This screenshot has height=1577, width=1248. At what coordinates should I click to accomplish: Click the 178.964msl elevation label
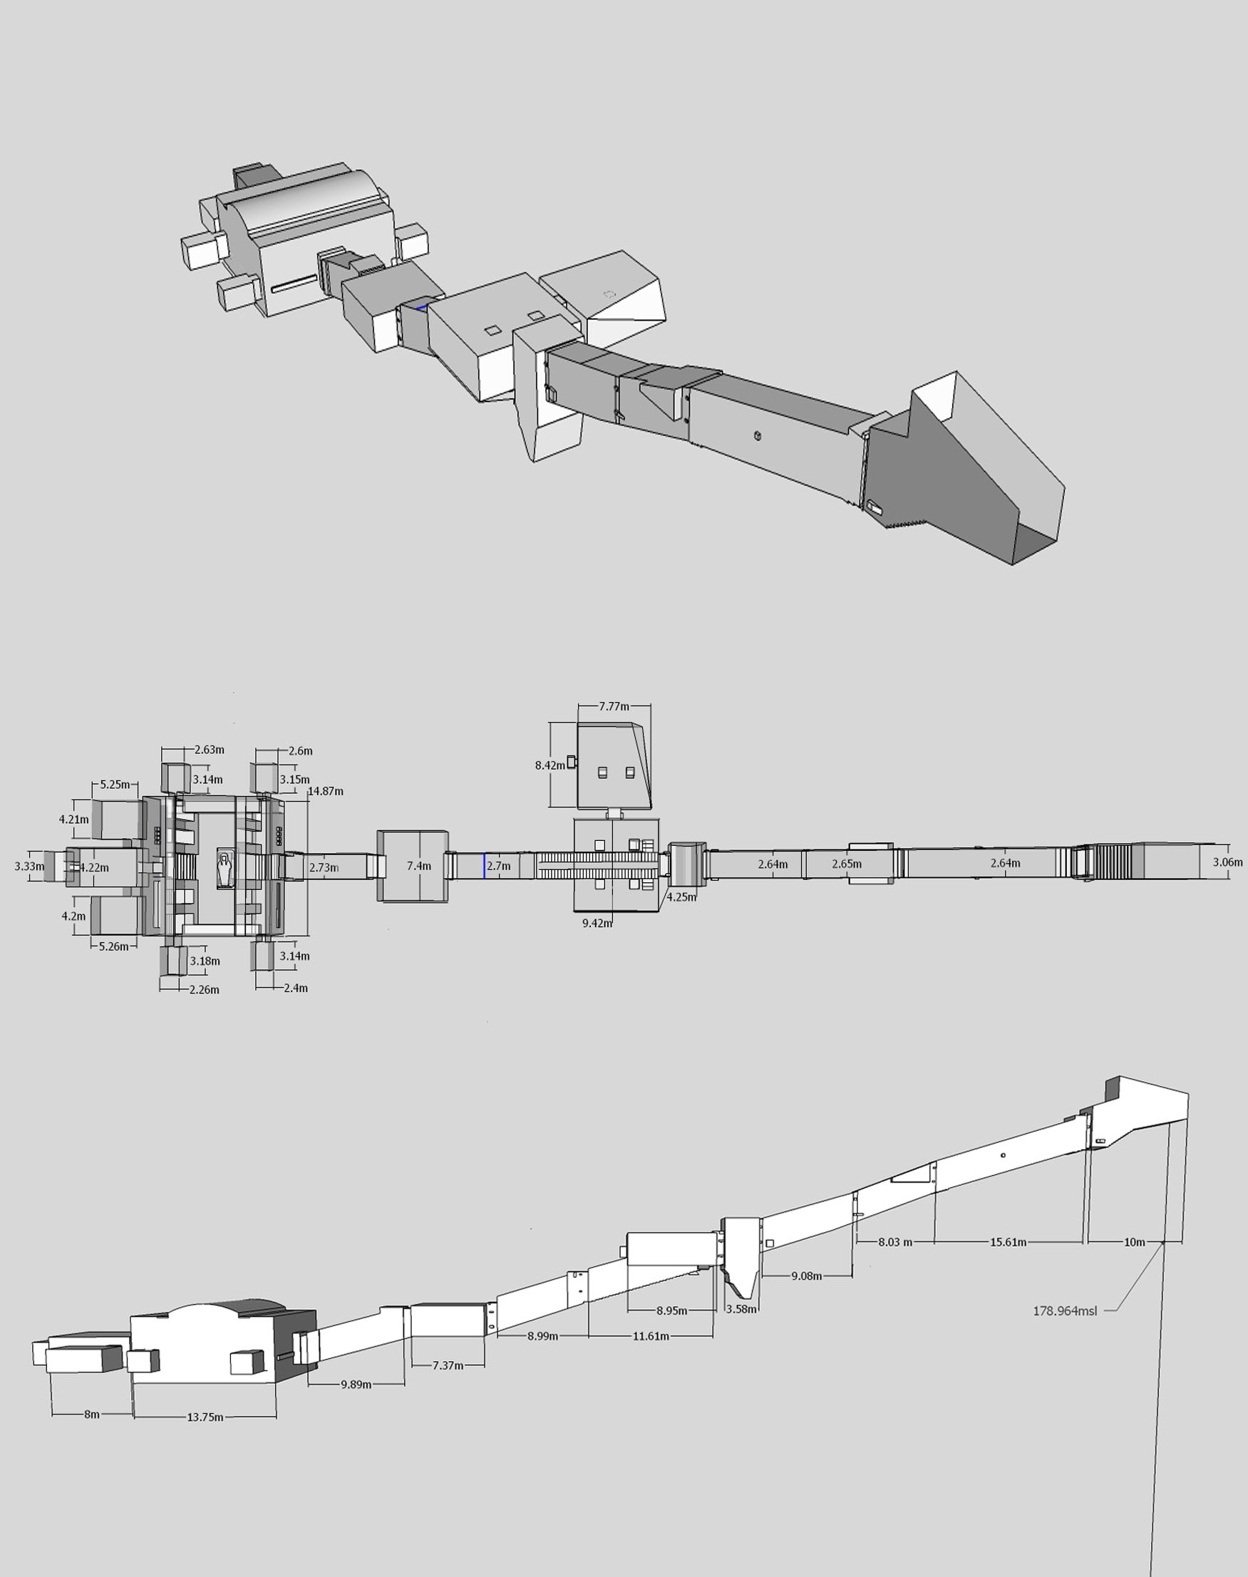pyautogui.click(x=1065, y=1311)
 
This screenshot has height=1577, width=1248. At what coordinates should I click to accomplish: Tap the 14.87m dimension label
pyautogui.click(x=326, y=791)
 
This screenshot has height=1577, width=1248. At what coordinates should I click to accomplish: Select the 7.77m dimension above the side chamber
pyautogui.click(x=614, y=706)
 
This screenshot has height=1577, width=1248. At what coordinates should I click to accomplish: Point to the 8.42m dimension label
pyautogui.click(x=550, y=765)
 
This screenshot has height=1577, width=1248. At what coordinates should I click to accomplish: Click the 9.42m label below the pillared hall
pyautogui.click(x=597, y=924)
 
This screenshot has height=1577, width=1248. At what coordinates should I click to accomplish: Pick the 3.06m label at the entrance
pyautogui.click(x=1227, y=862)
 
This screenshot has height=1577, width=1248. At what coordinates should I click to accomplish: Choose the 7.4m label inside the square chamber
pyautogui.click(x=418, y=867)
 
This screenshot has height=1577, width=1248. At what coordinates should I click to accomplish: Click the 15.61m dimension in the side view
pyautogui.click(x=1009, y=1242)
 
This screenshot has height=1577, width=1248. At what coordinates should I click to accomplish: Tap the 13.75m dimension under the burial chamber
pyautogui.click(x=205, y=1417)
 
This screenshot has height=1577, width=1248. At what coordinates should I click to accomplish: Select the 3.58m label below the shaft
pyautogui.click(x=741, y=1309)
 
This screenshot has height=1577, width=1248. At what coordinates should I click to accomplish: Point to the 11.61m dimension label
pyautogui.click(x=651, y=1336)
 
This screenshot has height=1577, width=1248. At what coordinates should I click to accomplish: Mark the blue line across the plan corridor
pyautogui.click(x=484, y=865)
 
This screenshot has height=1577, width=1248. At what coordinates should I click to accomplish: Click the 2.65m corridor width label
pyautogui.click(x=847, y=864)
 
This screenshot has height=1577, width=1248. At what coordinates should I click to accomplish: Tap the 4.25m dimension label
pyautogui.click(x=681, y=897)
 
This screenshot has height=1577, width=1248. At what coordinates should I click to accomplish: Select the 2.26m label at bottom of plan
pyautogui.click(x=204, y=990)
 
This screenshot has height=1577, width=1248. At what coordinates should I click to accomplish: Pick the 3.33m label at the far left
pyautogui.click(x=29, y=867)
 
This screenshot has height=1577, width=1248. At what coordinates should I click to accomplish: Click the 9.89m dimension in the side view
pyautogui.click(x=356, y=1384)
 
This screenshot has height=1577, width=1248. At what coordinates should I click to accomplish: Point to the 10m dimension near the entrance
pyautogui.click(x=1135, y=1242)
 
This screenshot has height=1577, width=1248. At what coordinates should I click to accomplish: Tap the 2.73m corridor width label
pyautogui.click(x=324, y=868)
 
